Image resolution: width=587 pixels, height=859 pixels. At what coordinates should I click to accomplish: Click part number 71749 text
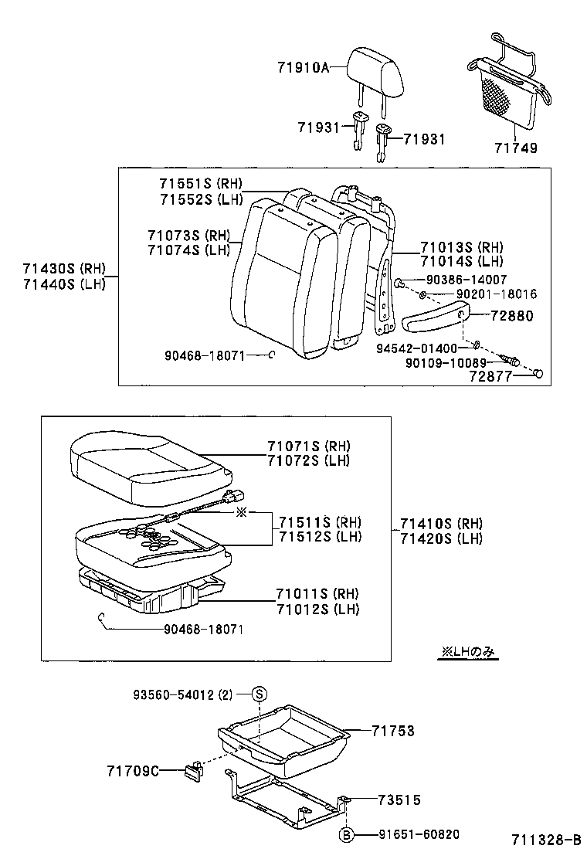(x=516, y=148)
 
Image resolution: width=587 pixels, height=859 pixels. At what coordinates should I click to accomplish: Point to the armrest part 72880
(x=433, y=317)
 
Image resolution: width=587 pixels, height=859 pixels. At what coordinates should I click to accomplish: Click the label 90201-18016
(x=496, y=294)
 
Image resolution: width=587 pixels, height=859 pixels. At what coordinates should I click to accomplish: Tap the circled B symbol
(x=347, y=834)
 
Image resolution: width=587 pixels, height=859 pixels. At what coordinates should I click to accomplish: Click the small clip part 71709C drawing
(x=192, y=769)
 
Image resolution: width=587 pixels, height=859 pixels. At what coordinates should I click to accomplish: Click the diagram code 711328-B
(x=545, y=840)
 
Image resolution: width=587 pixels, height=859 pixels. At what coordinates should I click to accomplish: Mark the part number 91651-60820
(x=419, y=834)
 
